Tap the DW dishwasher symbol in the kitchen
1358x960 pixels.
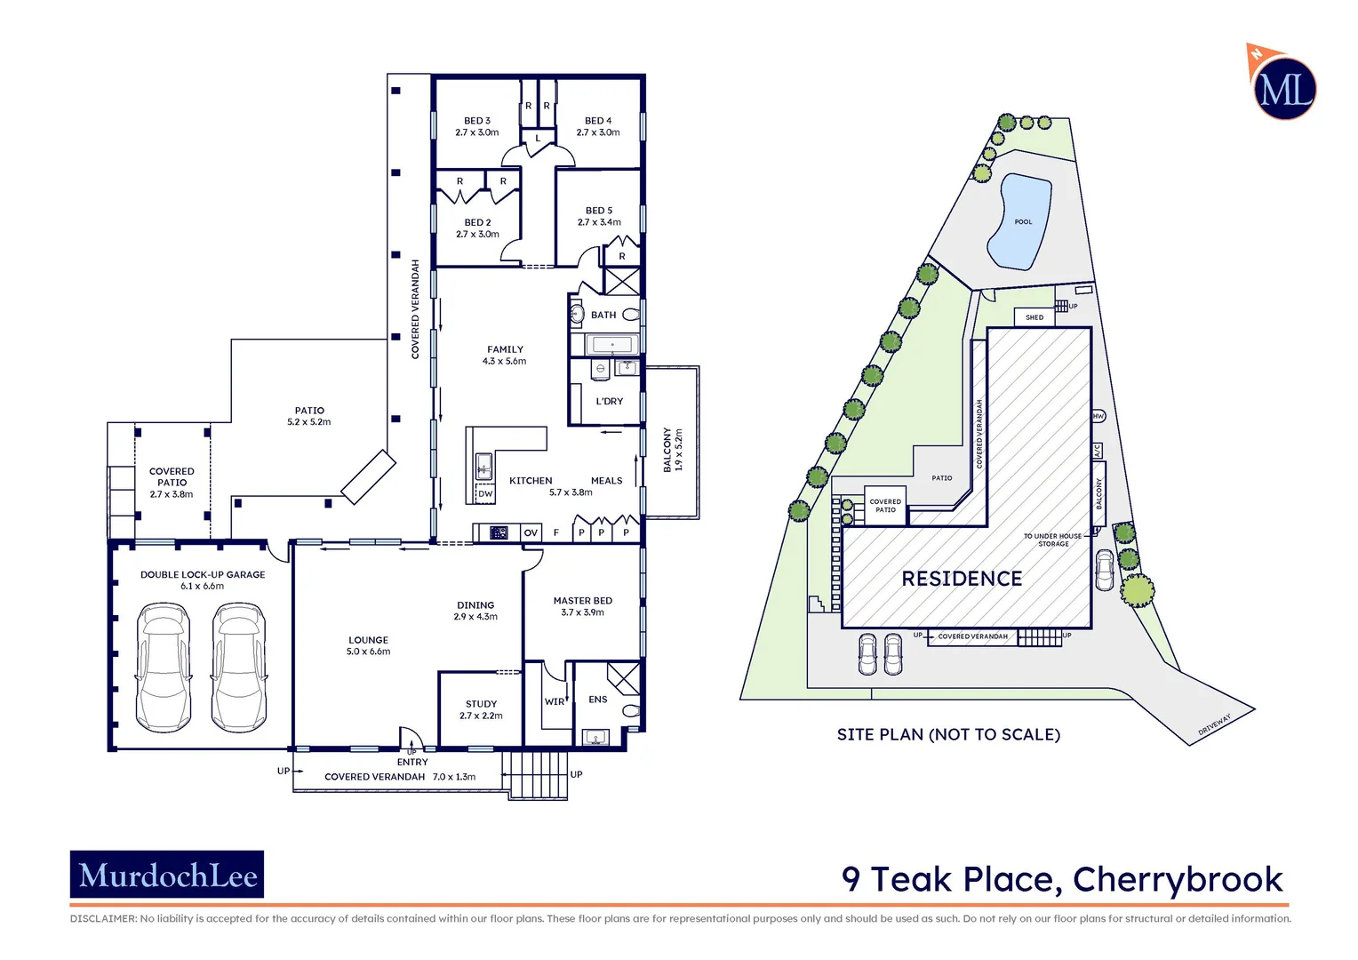[x=485, y=493]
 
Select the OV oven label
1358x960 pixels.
[x=531, y=532]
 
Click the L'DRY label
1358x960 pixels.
[x=609, y=401]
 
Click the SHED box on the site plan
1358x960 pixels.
[x=1034, y=317]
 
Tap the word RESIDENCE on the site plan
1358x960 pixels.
[x=962, y=579]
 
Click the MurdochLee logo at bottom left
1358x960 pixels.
[x=167, y=875]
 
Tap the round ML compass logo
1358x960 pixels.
[x=1284, y=89]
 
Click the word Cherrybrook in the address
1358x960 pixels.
[x=1178, y=879]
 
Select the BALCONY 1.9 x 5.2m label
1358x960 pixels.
[x=673, y=450]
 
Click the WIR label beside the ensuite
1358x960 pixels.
[x=555, y=701]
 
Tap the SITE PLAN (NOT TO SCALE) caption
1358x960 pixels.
[x=948, y=734]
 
